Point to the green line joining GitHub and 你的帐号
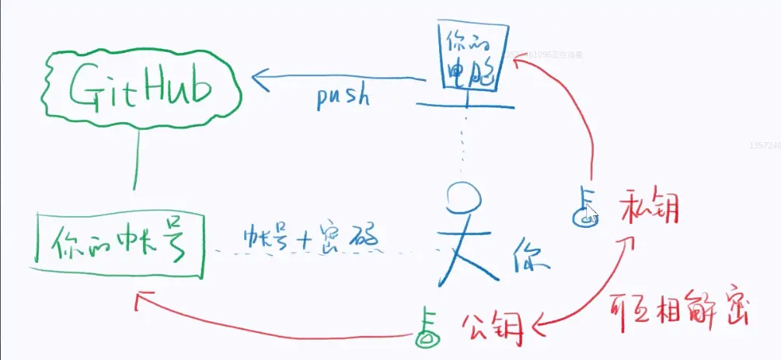click(x=137, y=159)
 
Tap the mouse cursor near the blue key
click(x=592, y=214)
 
